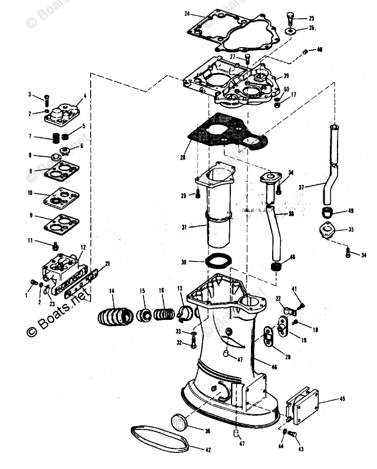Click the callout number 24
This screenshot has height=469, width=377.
pos(187,14)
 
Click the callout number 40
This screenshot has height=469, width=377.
pos(319,50)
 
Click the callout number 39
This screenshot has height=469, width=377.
pos(286,76)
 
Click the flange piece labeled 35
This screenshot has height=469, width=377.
pos(328,230)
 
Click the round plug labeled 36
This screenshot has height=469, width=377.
pos(180,422)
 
